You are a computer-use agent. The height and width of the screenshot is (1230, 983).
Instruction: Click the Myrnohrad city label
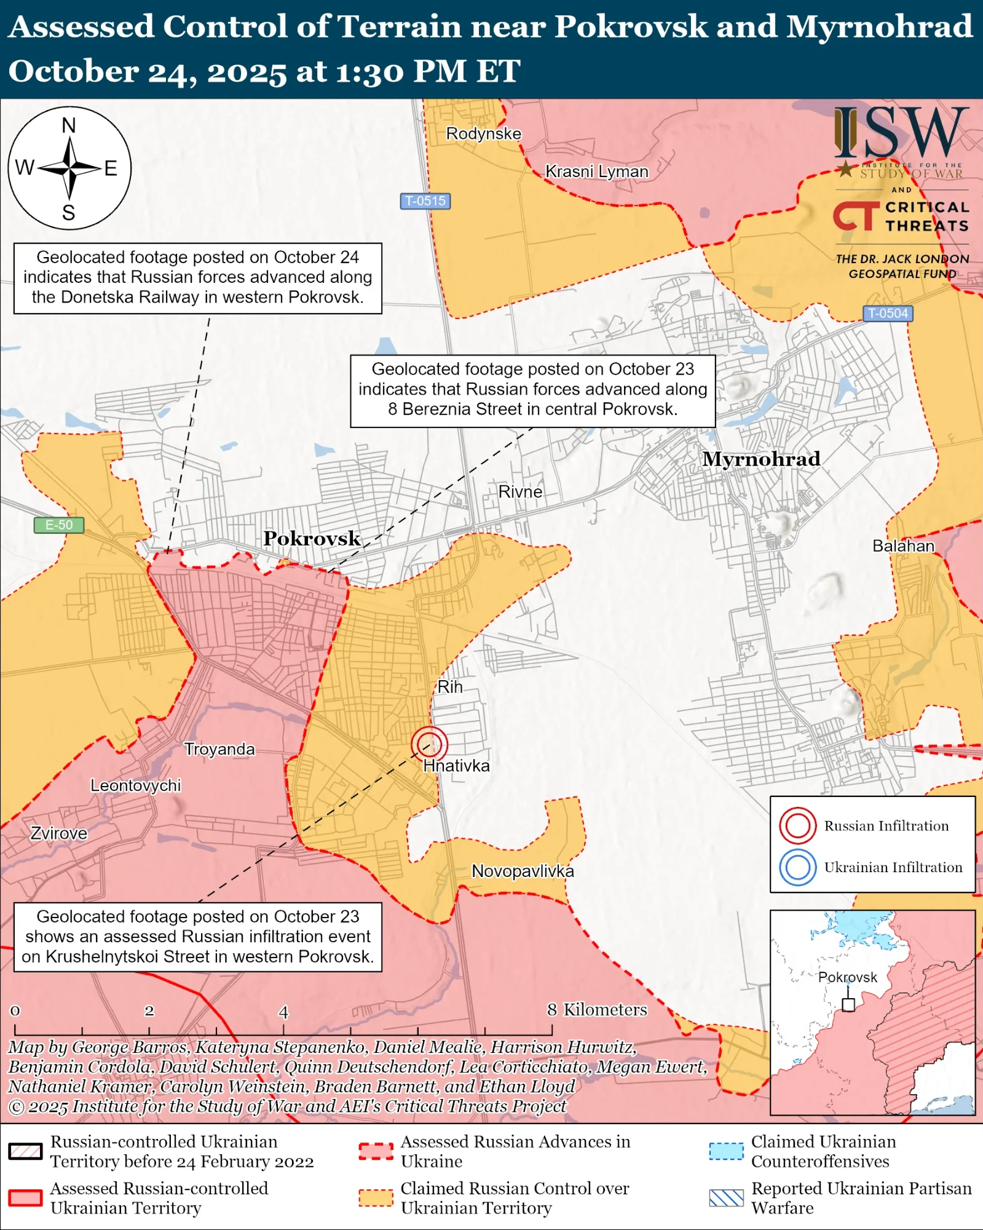coord(761,459)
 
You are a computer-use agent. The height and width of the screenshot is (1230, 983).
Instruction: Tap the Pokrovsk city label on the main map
coord(312,539)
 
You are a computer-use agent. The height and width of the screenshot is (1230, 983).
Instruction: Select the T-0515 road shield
coord(425,201)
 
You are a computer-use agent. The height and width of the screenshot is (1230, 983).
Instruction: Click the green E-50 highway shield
coord(58,525)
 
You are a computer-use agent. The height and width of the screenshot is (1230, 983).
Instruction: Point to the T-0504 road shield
coord(887,314)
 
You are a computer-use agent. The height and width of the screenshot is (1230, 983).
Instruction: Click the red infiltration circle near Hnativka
coord(429,744)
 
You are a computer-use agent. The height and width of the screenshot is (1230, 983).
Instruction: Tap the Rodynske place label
coord(483,133)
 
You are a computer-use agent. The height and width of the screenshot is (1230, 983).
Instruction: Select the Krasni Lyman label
coord(596,172)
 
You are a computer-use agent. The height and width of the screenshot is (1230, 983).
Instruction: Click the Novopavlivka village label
coord(523,871)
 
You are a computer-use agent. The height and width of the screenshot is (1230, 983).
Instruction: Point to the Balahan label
coord(903,546)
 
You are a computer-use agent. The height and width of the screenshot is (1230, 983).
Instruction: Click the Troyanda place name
coord(219,749)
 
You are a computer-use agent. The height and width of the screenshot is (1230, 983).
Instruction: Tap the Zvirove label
coord(59,833)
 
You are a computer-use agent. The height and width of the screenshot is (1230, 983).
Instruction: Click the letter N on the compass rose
coord(69,125)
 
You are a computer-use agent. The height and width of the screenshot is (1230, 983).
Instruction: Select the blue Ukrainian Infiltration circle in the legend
coord(797,867)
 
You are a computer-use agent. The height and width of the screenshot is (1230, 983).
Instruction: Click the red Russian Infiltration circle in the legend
coord(797,825)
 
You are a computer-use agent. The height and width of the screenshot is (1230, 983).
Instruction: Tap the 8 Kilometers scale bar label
coord(596,1010)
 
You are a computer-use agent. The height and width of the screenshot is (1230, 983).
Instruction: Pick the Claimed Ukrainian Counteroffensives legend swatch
coord(726,1151)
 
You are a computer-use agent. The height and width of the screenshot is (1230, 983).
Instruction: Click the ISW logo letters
coord(901,132)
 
